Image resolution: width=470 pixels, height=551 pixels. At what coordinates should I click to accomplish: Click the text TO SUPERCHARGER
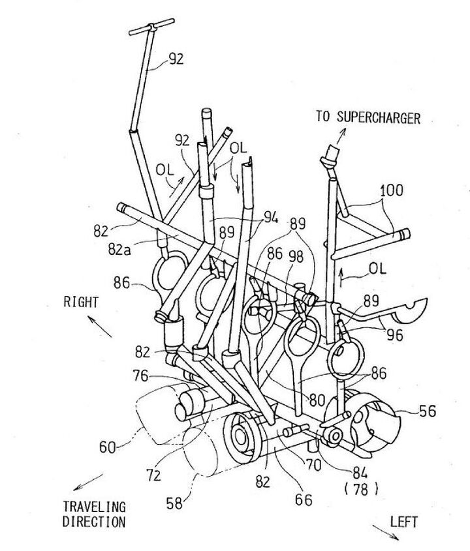[368, 117]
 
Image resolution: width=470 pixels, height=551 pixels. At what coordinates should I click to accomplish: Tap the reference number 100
[391, 190]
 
